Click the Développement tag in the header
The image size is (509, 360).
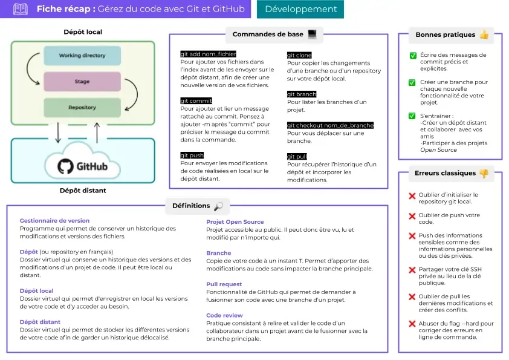[x=300, y=9]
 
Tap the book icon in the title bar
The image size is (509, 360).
[x=21, y=9]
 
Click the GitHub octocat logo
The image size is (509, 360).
[x=65, y=166]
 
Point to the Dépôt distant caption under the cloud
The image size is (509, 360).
[x=83, y=191]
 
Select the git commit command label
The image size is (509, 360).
[x=196, y=101]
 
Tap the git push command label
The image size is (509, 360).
[x=192, y=155]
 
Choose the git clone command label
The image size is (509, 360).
[x=299, y=55]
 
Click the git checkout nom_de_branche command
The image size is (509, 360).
[x=330, y=125]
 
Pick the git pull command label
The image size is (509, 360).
[x=297, y=157]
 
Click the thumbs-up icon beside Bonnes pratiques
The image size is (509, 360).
[x=484, y=35]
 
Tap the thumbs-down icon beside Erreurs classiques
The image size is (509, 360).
[x=484, y=174]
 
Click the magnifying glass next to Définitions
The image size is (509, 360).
[x=218, y=206]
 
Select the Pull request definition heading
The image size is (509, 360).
[x=224, y=284]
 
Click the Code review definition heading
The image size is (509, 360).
[x=224, y=315]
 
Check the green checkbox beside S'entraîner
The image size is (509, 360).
[x=413, y=116]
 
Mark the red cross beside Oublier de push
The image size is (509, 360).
[x=412, y=216]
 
